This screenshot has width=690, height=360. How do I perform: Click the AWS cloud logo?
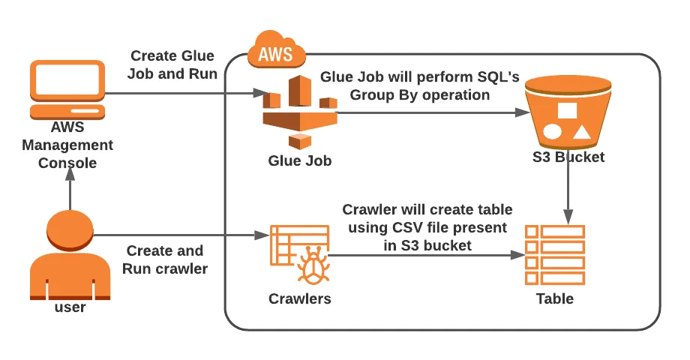(276, 51)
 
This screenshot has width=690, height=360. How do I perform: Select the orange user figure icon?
(69, 255)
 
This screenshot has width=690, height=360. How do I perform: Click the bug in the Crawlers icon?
(312, 266)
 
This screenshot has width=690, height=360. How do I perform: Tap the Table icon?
(555, 255)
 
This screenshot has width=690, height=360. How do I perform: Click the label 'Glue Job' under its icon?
(300, 160)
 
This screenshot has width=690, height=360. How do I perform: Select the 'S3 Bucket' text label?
(568, 157)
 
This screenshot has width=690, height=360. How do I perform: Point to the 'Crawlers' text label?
(300, 299)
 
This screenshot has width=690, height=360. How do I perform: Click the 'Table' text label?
(555, 298)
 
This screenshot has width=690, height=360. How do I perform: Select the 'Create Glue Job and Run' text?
(172, 64)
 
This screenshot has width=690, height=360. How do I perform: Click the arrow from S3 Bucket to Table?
(568, 191)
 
